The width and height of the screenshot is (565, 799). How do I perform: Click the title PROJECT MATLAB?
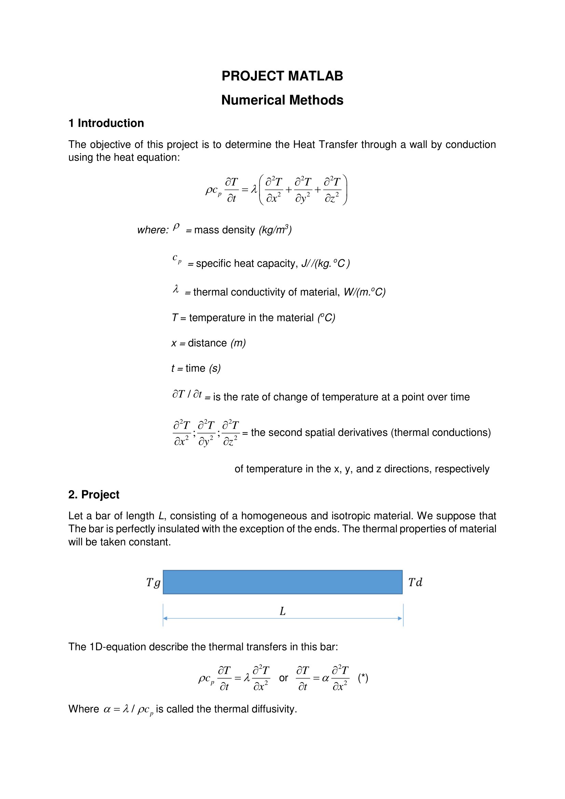[x=282, y=76]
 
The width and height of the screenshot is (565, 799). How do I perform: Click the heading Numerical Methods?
[x=282, y=100]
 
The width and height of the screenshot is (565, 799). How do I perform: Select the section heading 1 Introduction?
[x=106, y=123]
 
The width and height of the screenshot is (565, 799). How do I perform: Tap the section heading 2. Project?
[x=94, y=495]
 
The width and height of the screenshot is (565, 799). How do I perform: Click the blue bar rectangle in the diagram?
[x=282, y=582]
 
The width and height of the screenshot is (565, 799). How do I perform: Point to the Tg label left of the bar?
[x=153, y=582]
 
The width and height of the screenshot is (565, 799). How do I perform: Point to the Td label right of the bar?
[x=415, y=582]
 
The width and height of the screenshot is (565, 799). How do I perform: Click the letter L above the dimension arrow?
[x=282, y=611]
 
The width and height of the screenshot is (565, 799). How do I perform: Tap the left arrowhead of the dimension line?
[x=165, y=618]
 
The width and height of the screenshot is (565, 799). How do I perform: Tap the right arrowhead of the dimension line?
[x=400, y=618]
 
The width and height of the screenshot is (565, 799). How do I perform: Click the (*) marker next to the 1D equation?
[x=363, y=678]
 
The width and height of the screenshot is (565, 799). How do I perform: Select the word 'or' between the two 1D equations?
[x=284, y=678]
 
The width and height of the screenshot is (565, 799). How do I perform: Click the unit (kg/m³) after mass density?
[x=275, y=230]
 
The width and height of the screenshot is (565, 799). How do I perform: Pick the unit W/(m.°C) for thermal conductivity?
[x=364, y=292]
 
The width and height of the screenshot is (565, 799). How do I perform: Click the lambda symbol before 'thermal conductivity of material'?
[x=176, y=289]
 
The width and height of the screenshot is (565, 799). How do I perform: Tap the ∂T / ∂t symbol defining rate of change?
[x=187, y=394]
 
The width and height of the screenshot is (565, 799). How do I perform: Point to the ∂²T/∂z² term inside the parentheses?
[x=332, y=190]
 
